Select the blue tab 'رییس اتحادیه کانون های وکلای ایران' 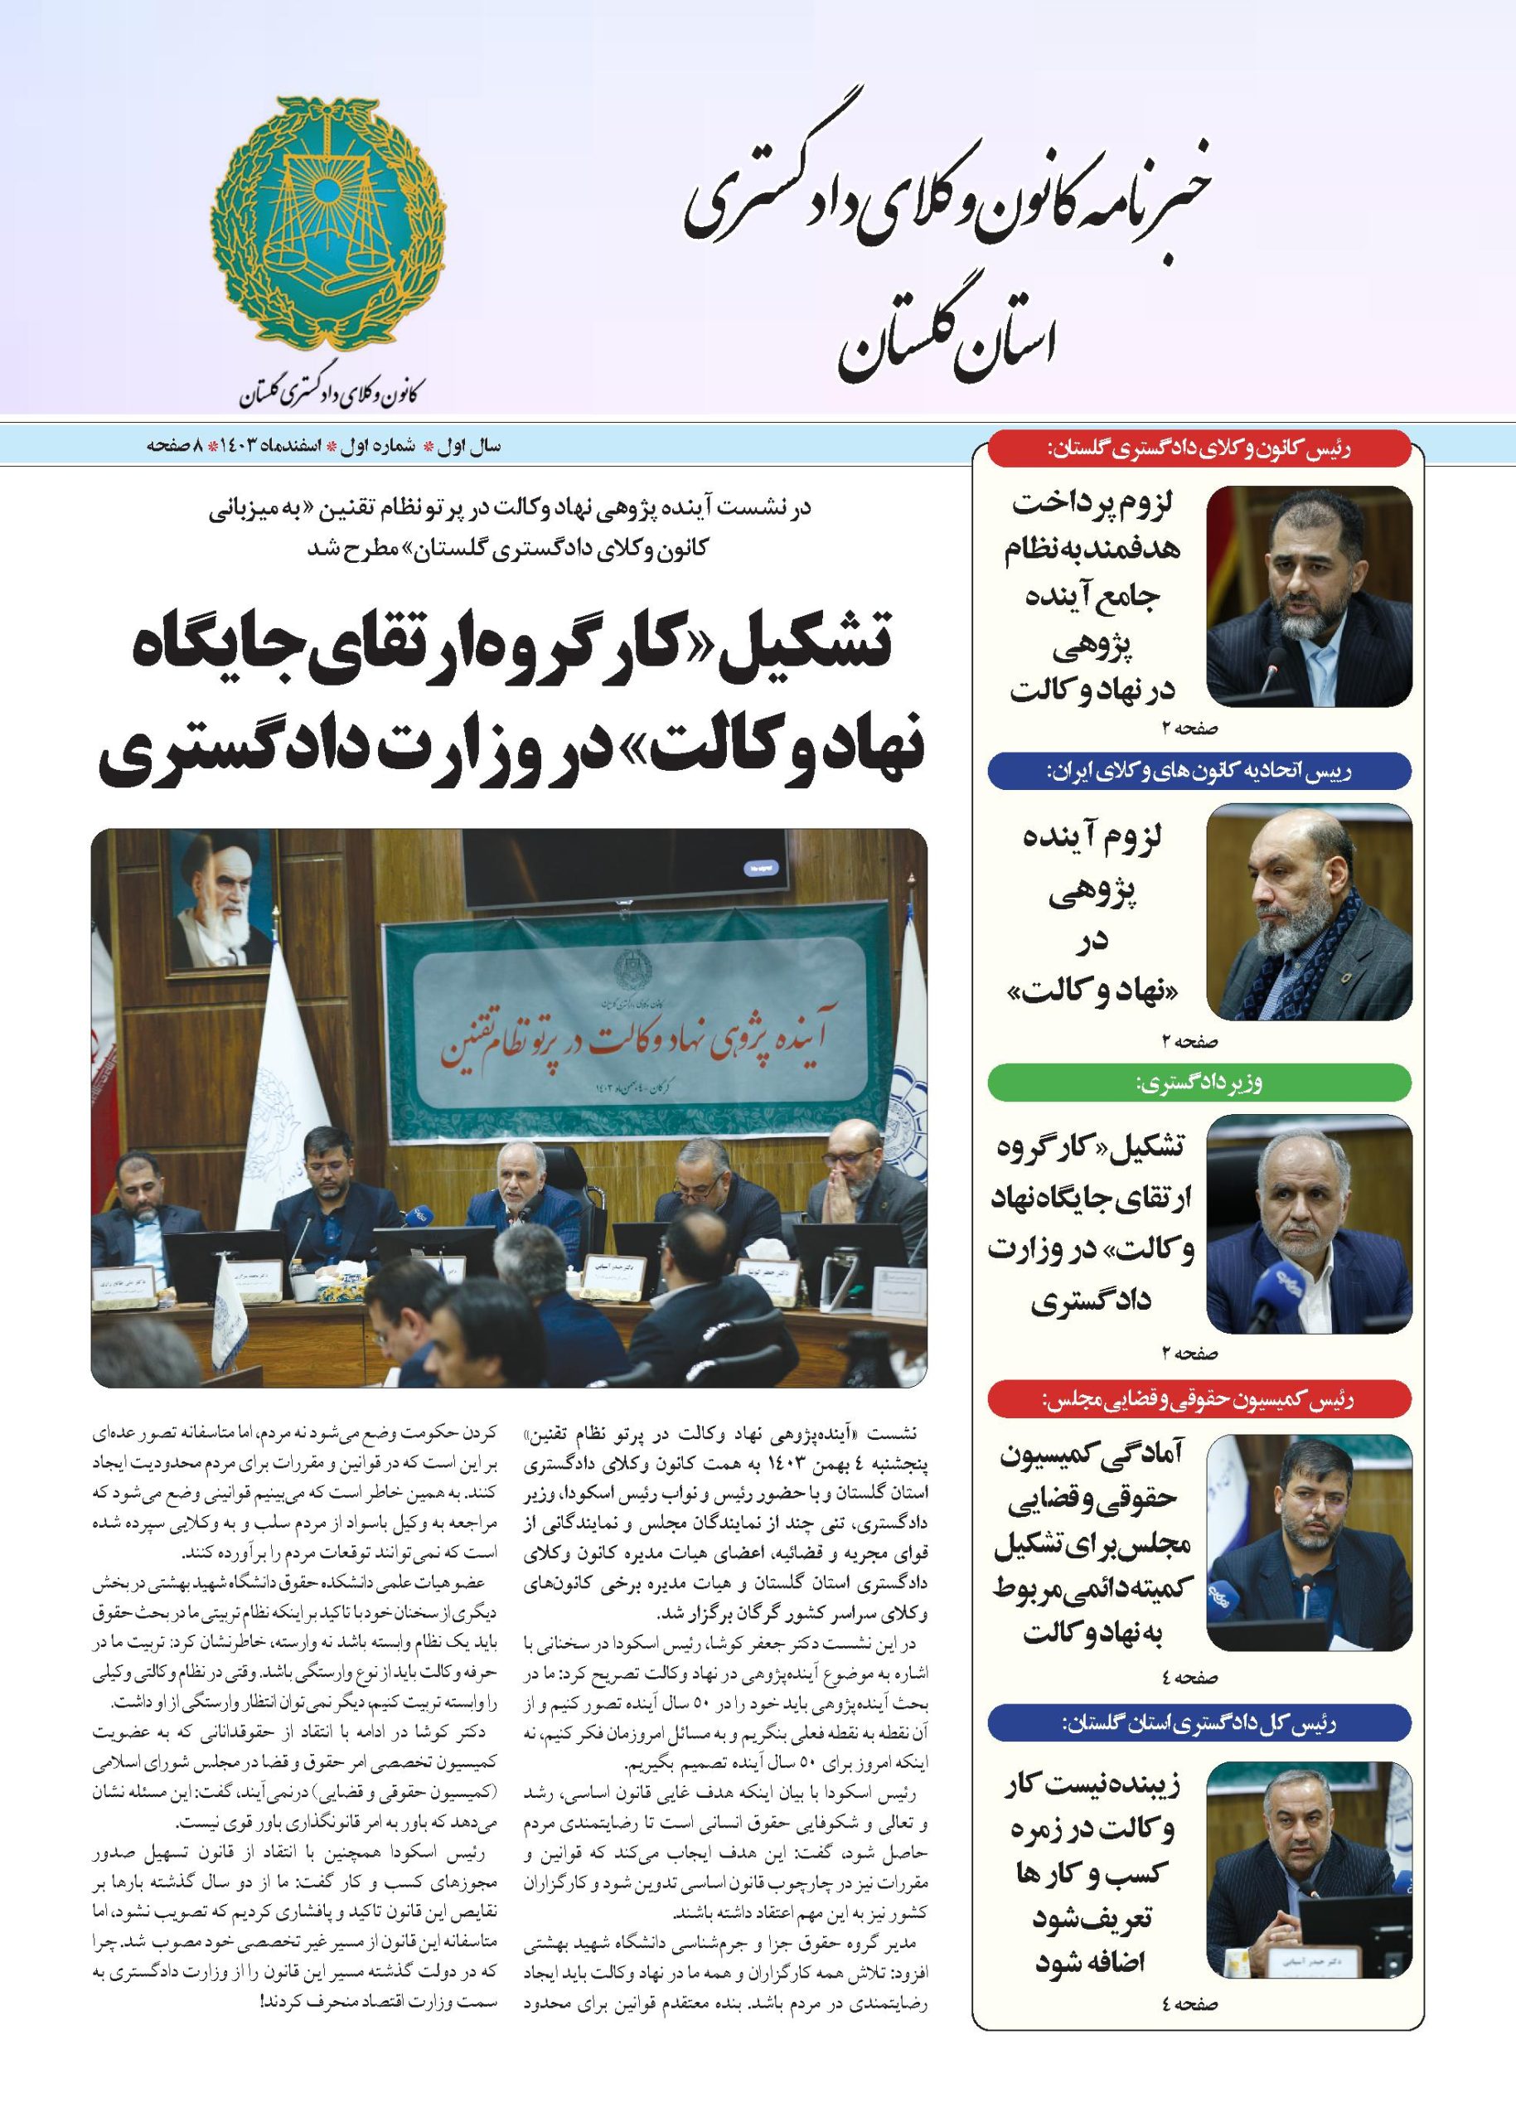(x=1199, y=770)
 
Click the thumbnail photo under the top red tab (x=1309, y=596)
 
